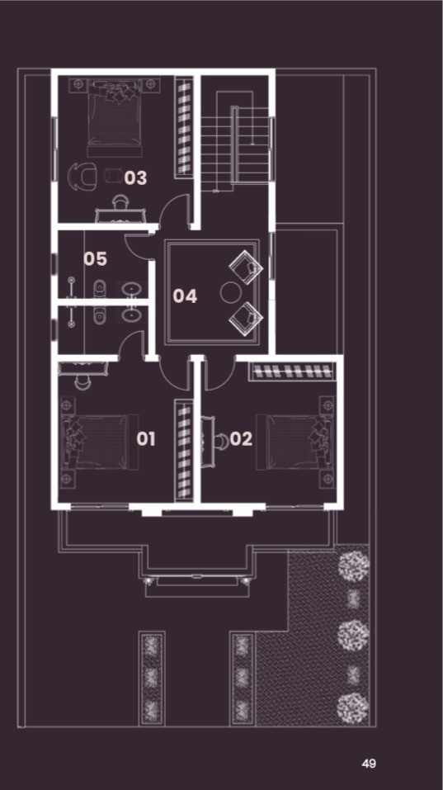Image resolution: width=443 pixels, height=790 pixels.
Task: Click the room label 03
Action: [135, 177]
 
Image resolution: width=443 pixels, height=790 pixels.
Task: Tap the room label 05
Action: [95, 259]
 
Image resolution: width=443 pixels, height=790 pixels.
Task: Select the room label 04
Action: [185, 296]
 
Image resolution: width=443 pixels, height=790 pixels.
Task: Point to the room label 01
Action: [146, 439]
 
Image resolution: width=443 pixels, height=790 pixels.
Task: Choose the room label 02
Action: [241, 439]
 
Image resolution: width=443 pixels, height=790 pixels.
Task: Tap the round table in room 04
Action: [232, 292]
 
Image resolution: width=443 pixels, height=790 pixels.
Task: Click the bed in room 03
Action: [114, 118]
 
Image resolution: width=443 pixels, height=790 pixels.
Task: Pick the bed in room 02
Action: [295, 442]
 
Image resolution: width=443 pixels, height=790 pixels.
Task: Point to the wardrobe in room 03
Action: [184, 127]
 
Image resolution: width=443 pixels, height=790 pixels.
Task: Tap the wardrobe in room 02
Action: [293, 371]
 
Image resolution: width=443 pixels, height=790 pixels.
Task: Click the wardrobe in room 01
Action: [184, 450]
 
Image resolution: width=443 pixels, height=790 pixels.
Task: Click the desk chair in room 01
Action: [82, 382]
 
